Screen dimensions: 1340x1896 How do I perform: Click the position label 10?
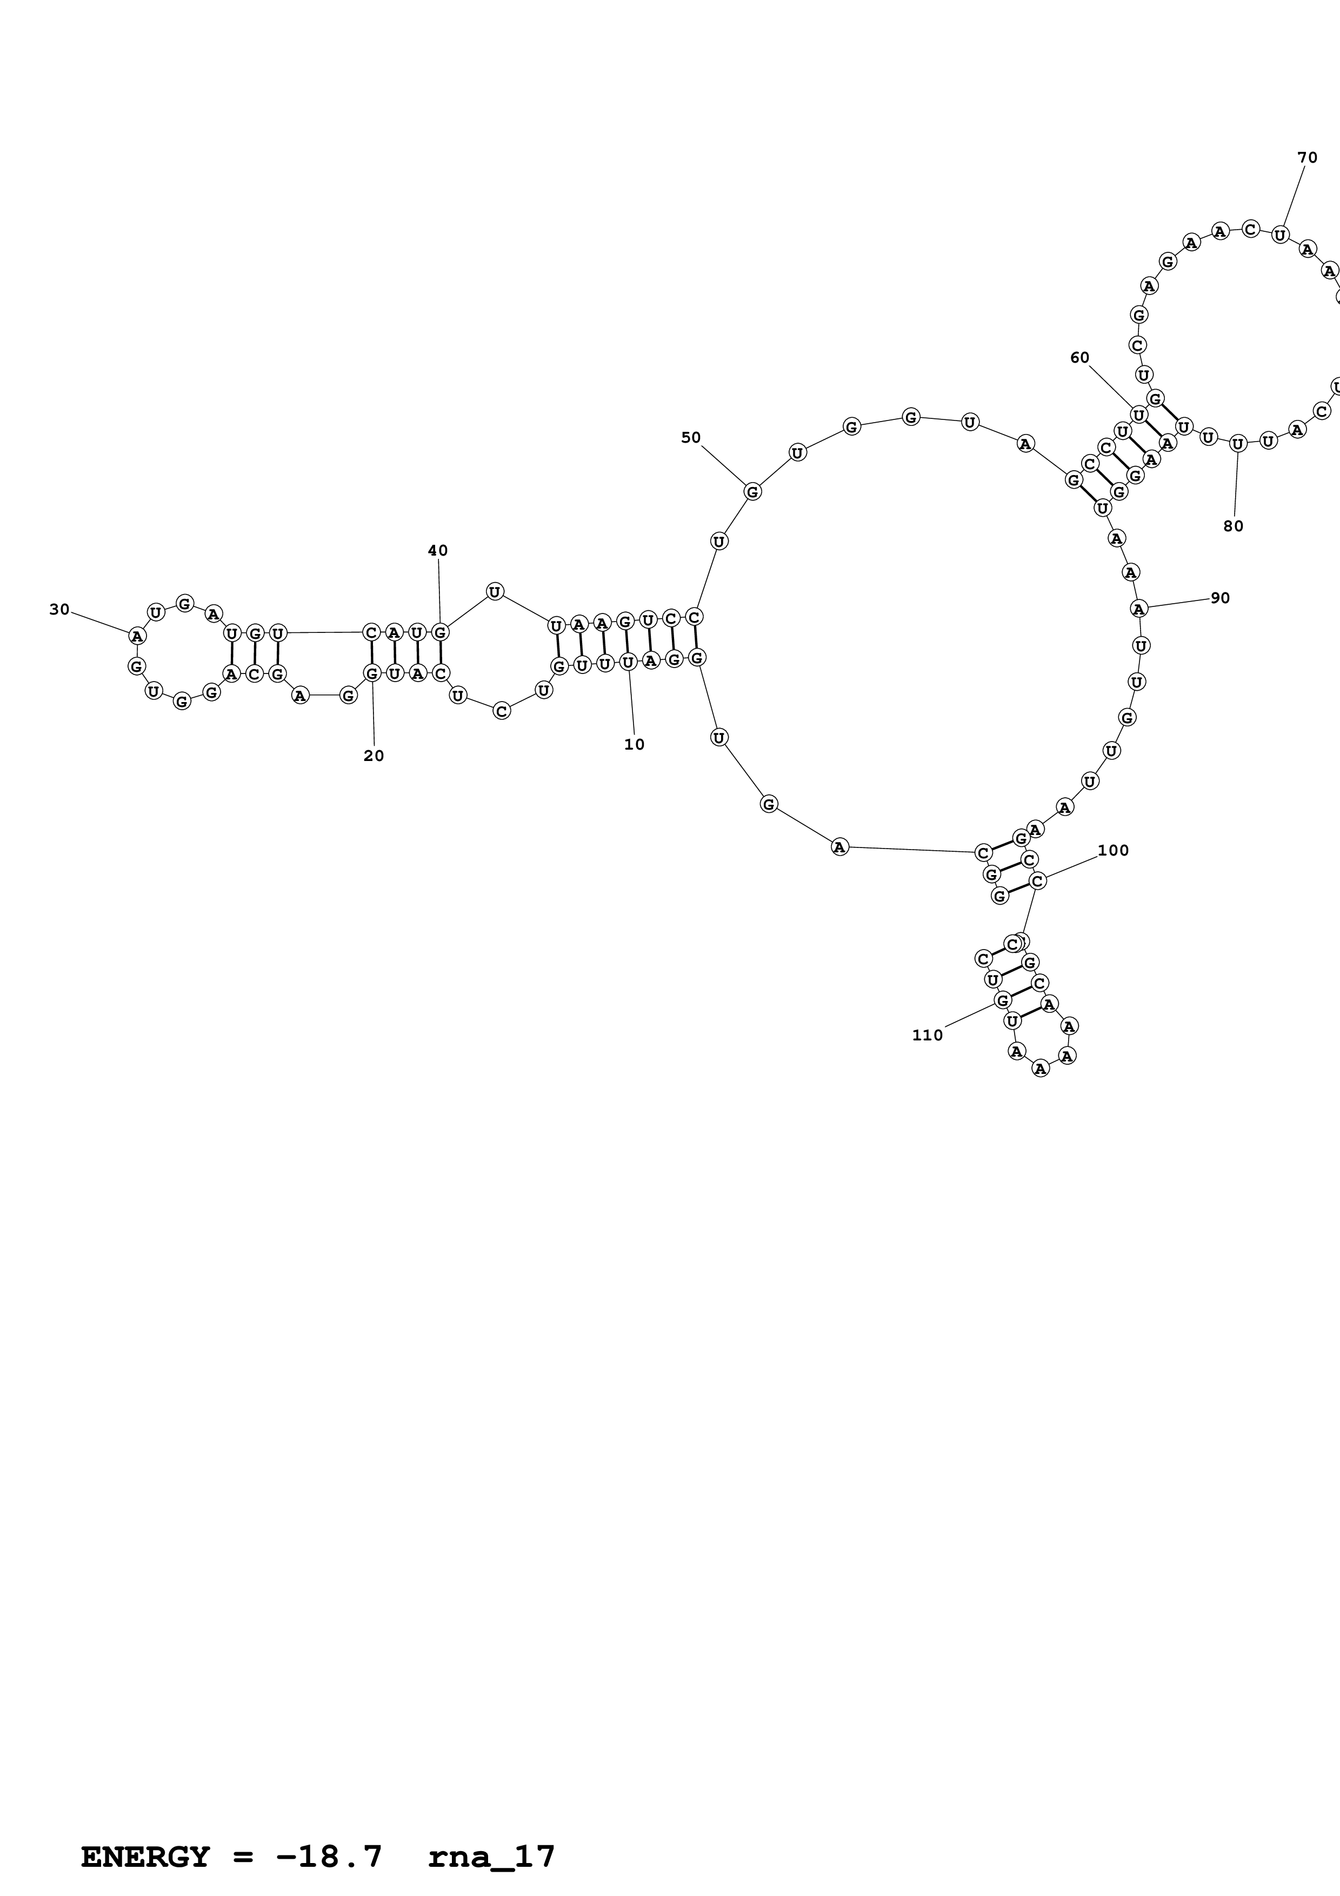pos(634,744)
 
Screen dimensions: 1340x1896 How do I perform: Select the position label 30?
pos(59,610)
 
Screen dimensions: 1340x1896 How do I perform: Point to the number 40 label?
pos(438,550)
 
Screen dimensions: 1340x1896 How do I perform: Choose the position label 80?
pos(1232,526)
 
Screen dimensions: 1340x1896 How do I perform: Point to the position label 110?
pos(927,1034)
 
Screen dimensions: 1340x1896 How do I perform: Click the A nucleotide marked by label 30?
pos(137,636)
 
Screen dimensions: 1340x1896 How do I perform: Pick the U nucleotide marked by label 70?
pos(1279,235)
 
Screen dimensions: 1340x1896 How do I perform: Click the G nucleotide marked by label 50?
pos(752,491)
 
